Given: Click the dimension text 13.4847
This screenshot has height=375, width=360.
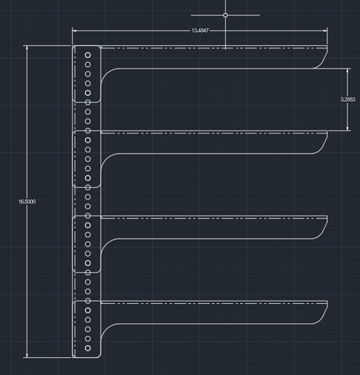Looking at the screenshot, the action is pyautogui.click(x=200, y=30).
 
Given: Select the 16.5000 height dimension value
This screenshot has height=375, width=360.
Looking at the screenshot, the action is pyautogui.click(x=27, y=202).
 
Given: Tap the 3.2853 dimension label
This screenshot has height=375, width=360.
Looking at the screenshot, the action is pyautogui.click(x=348, y=99).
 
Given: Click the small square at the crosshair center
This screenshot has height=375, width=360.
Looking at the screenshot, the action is pyautogui.click(x=226, y=16).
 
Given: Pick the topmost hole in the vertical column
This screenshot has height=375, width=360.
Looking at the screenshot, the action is pyautogui.click(x=87, y=55).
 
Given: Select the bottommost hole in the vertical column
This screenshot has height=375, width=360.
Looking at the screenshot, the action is pyautogui.click(x=87, y=348).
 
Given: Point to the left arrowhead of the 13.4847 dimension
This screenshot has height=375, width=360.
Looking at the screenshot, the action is pyautogui.click(x=74, y=30).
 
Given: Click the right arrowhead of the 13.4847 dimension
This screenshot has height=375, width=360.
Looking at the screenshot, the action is pyautogui.click(x=326, y=30).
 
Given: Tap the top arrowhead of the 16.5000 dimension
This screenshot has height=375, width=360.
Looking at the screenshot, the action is pyautogui.click(x=27, y=48).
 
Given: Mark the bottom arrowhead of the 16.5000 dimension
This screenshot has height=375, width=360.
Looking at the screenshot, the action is pyautogui.click(x=27, y=355).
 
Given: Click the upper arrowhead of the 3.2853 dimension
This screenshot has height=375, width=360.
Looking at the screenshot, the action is pyautogui.click(x=348, y=71).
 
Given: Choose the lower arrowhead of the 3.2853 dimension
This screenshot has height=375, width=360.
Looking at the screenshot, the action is pyautogui.click(x=348, y=128).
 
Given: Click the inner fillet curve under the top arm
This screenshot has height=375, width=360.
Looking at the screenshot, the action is pyautogui.click(x=105, y=73).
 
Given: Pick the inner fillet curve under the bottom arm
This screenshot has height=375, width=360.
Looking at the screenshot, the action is pyautogui.click(x=105, y=329).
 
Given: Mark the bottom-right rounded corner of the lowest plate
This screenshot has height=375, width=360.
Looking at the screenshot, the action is pyautogui.click(x=99, y=356).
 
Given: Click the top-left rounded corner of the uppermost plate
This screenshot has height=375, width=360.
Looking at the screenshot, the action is pyautogui.click(x=73, y=47).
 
